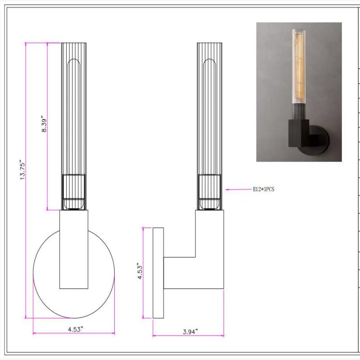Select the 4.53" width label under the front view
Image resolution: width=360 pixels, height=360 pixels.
[x=74, y=329]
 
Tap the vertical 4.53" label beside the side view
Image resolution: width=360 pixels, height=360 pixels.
[x=140, y=272]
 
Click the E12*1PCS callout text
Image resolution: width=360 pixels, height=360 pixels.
[x=263, y=190]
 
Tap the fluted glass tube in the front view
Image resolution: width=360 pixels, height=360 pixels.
[x=73, y=108]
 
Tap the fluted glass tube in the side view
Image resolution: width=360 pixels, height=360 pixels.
[x=210, y=108]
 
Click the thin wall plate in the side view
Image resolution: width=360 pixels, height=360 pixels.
[x=158, y=273]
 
